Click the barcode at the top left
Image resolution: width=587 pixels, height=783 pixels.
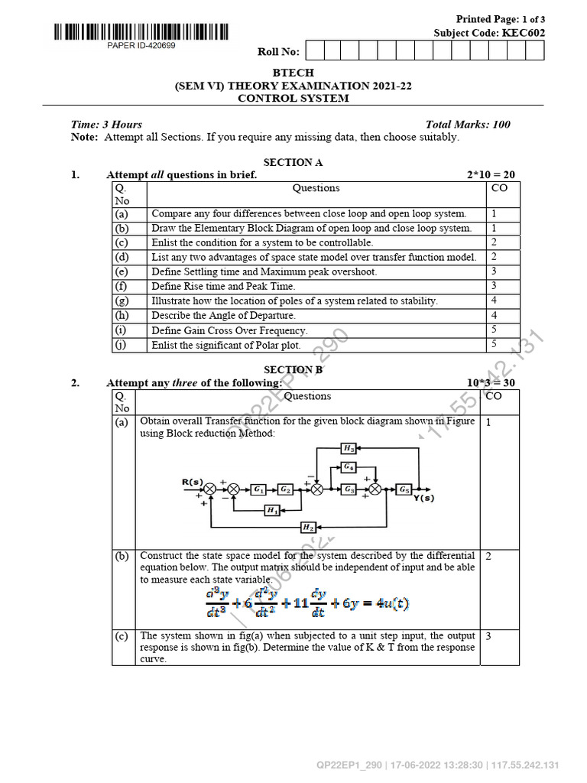141,32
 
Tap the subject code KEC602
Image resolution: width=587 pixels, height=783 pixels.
524,33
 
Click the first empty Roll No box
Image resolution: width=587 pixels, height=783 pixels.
313,50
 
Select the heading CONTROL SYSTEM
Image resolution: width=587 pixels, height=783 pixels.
293,99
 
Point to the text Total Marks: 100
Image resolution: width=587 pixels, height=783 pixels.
468,125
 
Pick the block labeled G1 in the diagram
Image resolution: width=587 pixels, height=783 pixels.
258,489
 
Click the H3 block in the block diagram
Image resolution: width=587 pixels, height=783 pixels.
348,449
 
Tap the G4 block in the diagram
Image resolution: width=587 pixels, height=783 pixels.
348,466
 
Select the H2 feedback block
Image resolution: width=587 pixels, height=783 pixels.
307,527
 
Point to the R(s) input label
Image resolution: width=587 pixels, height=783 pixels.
192,482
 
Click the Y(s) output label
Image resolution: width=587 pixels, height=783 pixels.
423,499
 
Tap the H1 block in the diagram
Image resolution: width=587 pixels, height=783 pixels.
271,510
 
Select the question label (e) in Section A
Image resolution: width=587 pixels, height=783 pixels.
122,271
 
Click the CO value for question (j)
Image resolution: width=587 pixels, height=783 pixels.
494,345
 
